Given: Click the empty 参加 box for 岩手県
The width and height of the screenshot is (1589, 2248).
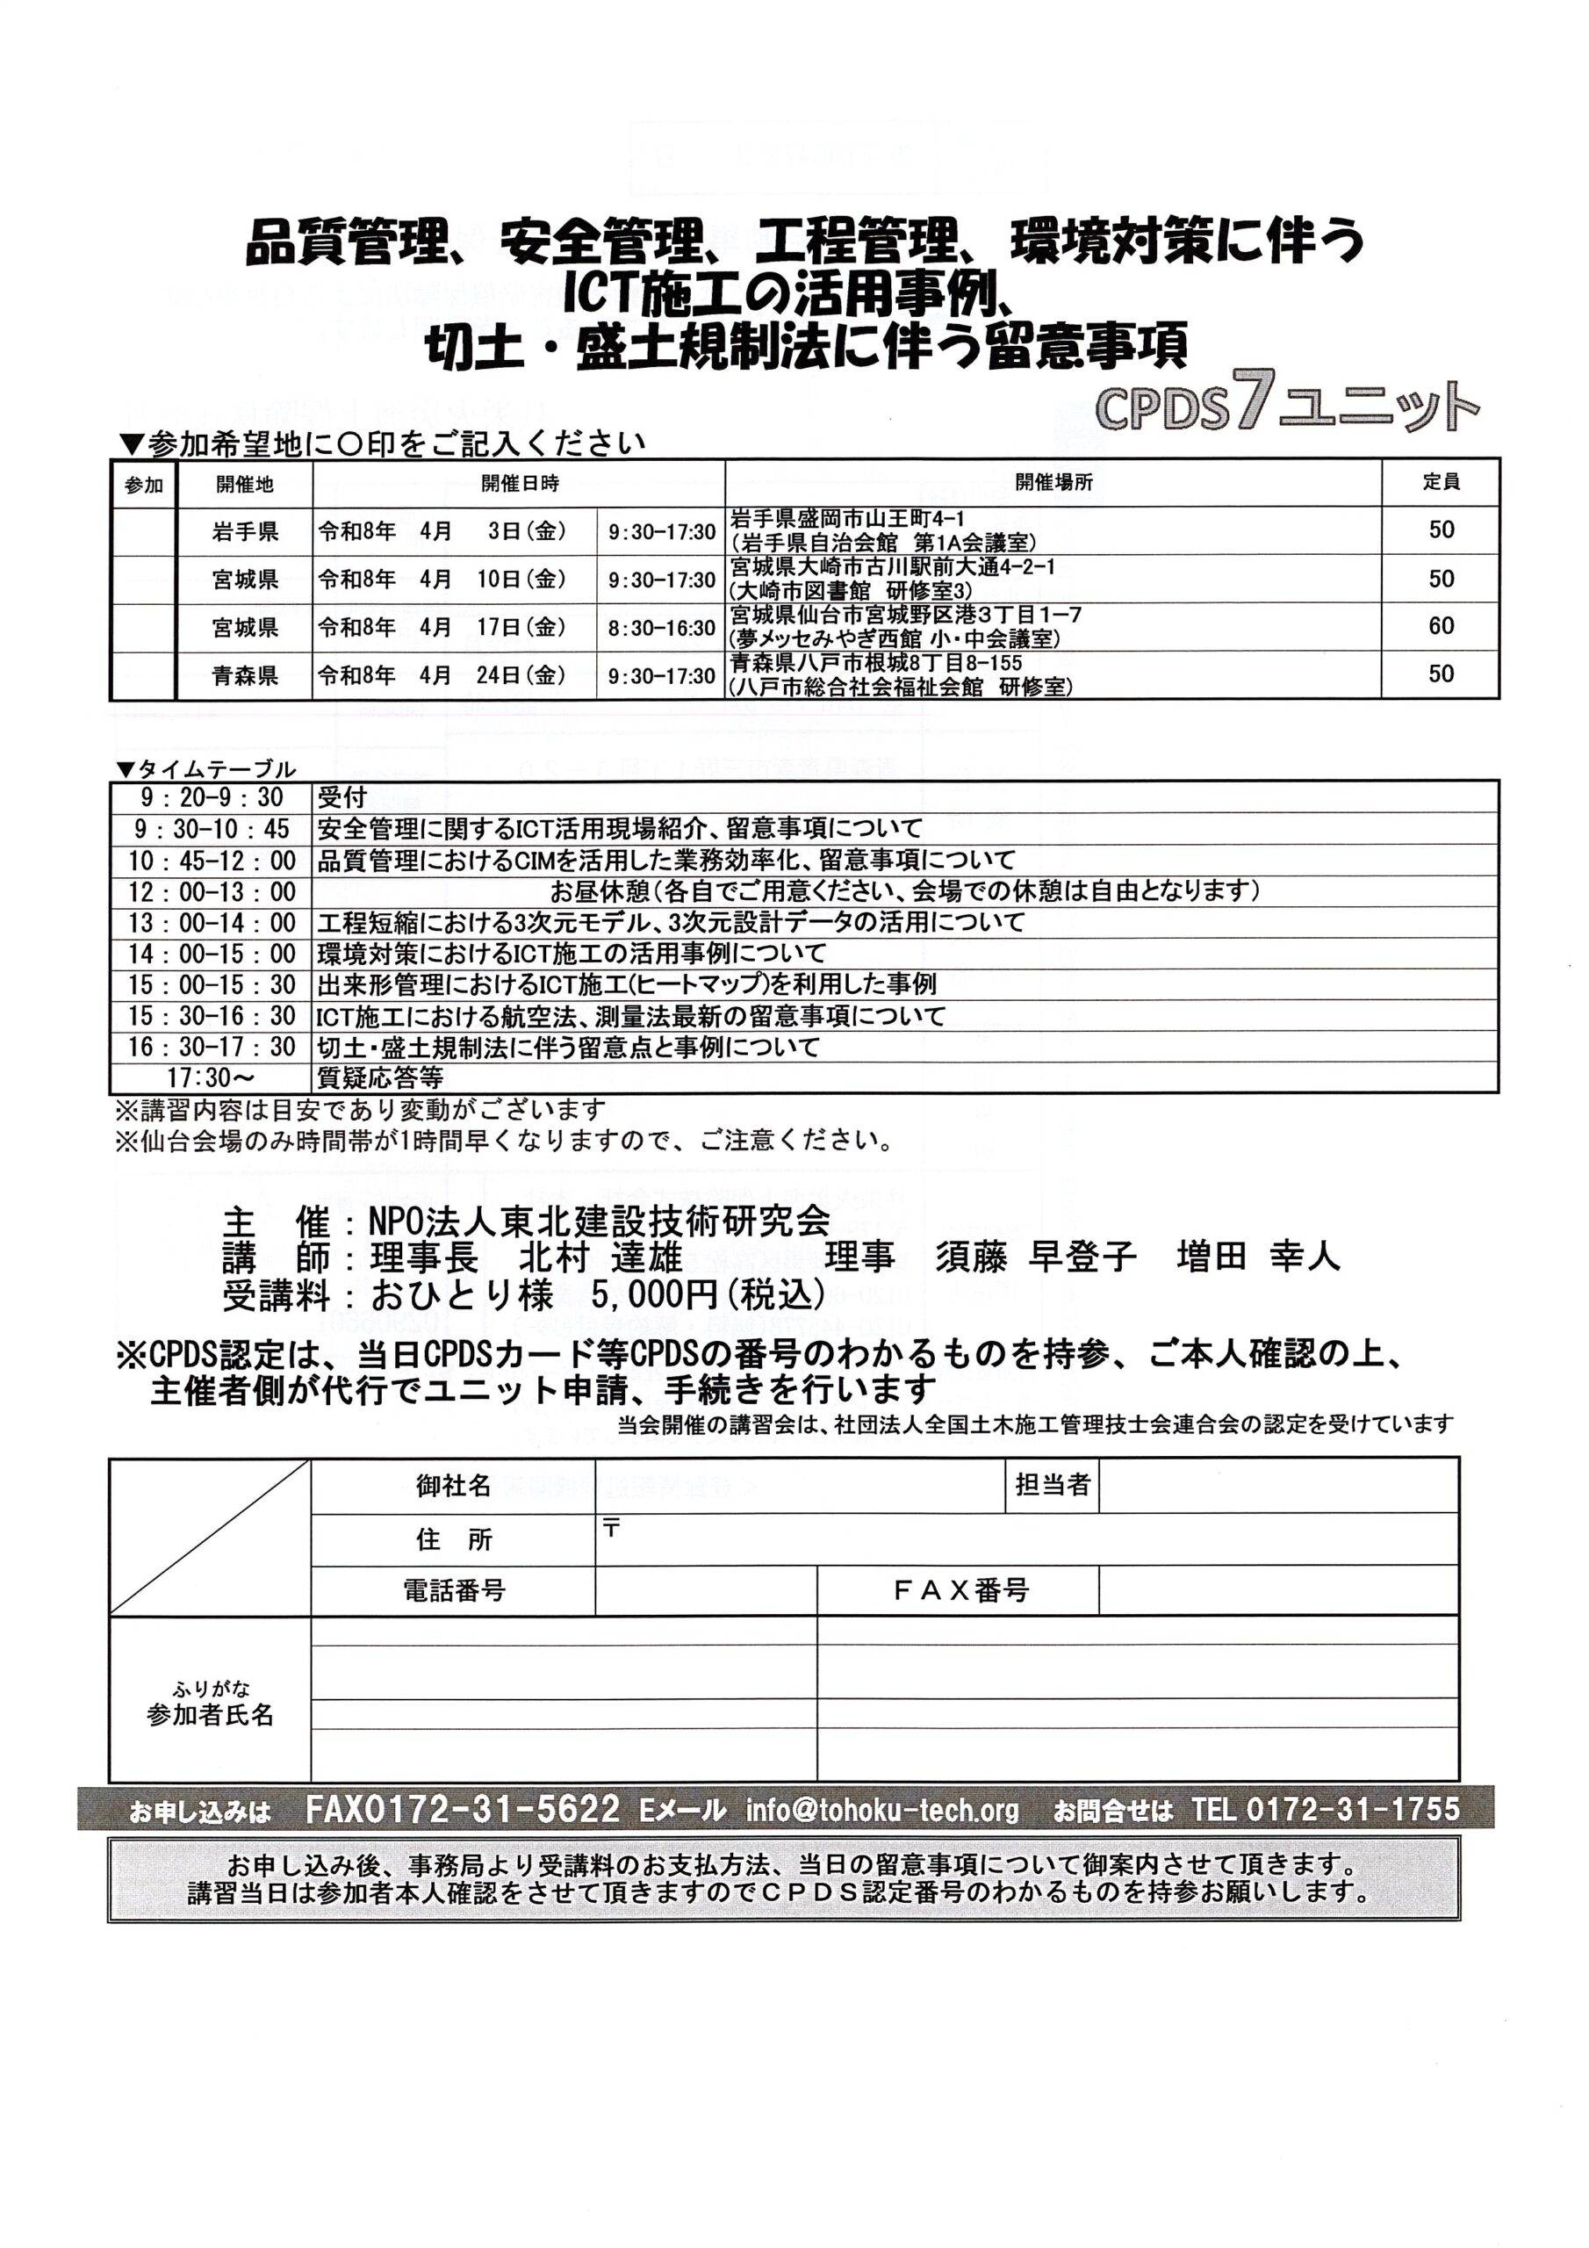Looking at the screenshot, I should click(144, 531).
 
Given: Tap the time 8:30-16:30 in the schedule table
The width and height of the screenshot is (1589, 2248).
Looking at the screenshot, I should click(662, 628).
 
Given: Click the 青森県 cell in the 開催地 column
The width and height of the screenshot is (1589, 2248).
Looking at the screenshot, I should click(245, 675).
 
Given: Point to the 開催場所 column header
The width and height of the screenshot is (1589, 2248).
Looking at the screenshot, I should click(1053, 483).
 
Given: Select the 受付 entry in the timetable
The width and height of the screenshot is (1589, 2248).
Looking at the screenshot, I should click(342, 797).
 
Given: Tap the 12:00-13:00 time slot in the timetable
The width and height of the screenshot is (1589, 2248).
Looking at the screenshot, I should click(212, 891).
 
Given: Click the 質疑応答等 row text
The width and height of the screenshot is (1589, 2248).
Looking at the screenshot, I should click(380, 1078).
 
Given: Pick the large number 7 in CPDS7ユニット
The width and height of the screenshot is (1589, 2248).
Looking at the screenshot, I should click(1252, 400).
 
